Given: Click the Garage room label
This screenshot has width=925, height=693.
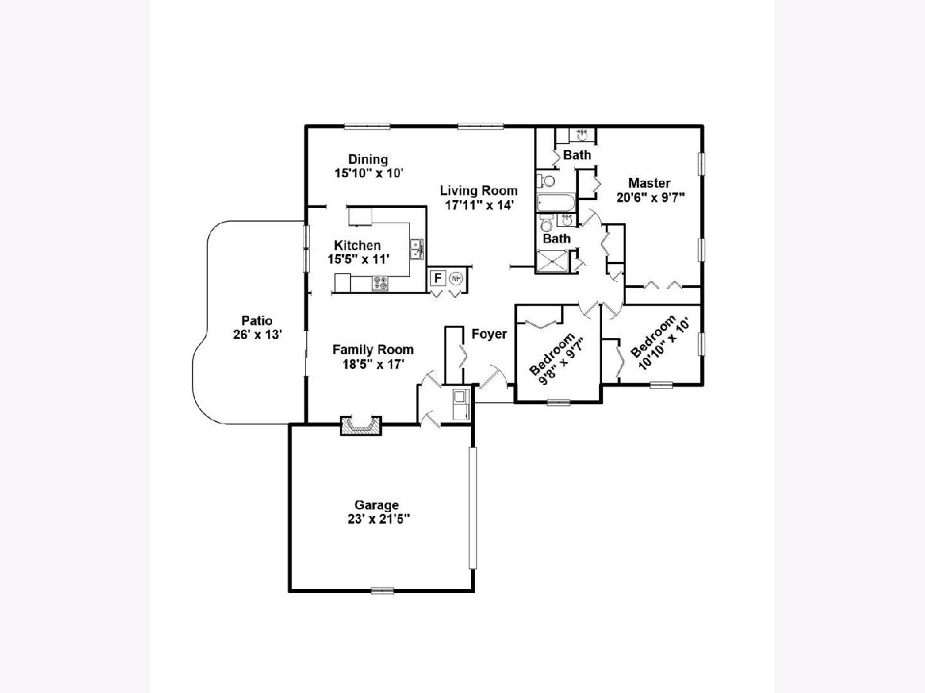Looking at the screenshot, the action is click(x=376, y=505).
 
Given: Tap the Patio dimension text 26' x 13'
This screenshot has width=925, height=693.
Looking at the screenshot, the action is click(x=257, y=335).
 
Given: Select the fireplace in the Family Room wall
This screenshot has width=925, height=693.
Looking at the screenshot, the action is click(x=361, y=425).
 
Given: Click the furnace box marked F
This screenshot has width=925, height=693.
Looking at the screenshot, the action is click(x=438, y=278).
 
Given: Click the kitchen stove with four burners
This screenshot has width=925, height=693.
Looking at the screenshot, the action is click(x=380, y=283).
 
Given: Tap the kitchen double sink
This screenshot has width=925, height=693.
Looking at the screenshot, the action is click(x=417, y=249).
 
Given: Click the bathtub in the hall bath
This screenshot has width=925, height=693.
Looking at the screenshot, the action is click(x=556, y=203).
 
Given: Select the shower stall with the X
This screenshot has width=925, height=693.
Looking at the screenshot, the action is click(x=553, y=261).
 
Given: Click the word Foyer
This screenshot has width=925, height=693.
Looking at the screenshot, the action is click(x=489, y=334).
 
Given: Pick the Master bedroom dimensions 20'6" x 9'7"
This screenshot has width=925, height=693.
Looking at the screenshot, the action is click(x=650, y=197).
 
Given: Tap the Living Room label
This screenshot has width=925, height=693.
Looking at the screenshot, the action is click(x=479, y=191).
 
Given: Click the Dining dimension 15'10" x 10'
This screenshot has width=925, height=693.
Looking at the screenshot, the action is click(x=369, y=173).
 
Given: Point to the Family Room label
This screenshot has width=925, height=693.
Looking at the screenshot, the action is click(x=373, y=350).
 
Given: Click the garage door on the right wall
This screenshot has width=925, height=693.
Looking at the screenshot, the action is click(x=473, y=508).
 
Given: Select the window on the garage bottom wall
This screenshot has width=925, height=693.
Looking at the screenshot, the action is click(x=382, y=591).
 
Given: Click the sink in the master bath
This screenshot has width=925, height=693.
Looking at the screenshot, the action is click(x=583, y=136).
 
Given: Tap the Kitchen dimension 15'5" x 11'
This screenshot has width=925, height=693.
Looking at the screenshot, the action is click(x=358, y=259).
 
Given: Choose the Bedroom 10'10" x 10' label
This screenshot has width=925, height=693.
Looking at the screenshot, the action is click(x=660, y=343).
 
